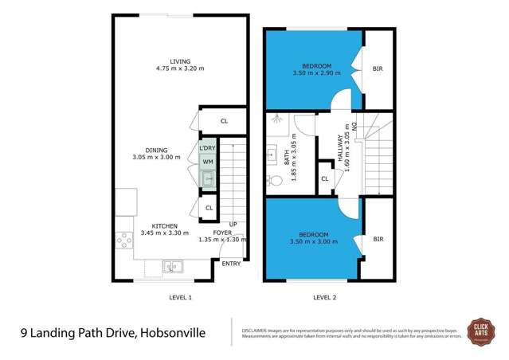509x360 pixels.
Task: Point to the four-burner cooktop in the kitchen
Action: tap(124, 238)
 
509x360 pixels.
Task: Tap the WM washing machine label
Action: tap(207, 162)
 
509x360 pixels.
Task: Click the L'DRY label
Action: tap(207, 149)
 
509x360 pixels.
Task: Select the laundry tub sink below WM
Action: tap(207, 179)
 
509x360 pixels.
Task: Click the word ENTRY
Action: tap(231, 263)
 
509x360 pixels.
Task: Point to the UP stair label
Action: tap(233, 225)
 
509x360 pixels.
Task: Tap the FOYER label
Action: tap(222, 232)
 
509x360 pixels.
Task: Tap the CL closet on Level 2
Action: tap(325, 179)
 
